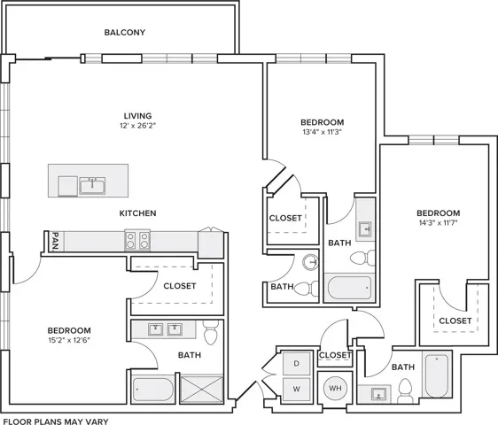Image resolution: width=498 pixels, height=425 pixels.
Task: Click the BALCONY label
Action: point(124,33)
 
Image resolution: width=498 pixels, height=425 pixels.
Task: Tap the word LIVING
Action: point(137,115)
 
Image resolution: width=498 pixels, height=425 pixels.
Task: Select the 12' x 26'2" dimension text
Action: point(137,127)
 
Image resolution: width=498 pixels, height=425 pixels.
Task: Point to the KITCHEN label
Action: point(138,213)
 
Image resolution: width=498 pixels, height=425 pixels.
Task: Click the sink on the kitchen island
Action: point(91,185)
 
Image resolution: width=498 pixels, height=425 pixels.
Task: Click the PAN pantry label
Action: point(55,240)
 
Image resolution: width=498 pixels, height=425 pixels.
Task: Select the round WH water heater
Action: point(336,386)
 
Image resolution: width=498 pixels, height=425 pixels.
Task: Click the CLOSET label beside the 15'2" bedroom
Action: point(180,286)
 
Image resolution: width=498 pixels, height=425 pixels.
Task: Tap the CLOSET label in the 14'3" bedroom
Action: point(455,321)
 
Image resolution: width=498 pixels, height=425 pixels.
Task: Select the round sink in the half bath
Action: point(309,262)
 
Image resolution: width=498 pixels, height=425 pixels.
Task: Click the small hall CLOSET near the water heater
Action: point(335,355)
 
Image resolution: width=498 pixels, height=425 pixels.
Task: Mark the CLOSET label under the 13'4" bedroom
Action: point(285,217)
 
